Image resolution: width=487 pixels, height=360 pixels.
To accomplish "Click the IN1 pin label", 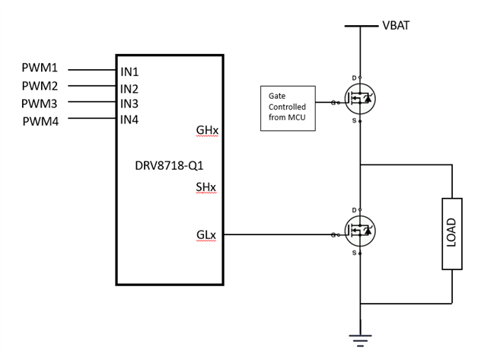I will [129, 72].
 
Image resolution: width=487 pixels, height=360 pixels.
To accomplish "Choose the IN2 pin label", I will [129, 88].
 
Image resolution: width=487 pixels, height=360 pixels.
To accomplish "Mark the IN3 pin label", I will [129, 104].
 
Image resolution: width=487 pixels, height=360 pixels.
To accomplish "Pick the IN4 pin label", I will [129, 119].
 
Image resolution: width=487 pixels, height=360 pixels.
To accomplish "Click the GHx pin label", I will [207, 130].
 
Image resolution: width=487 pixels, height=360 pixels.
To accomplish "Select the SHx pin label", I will [207, 187].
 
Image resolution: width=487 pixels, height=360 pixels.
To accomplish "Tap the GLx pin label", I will [206, 236].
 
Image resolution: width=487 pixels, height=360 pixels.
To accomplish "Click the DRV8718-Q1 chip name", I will [169, 164].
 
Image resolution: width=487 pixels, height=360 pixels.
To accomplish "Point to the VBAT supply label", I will [397, 26].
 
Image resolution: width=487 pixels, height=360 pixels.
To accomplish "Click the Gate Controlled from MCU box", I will [287, 109].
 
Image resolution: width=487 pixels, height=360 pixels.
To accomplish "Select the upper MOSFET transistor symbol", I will [359, 100].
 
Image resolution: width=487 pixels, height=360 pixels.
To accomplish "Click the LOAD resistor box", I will [451, 234].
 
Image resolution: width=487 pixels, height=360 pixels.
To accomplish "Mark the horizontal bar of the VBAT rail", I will [360, 26].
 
